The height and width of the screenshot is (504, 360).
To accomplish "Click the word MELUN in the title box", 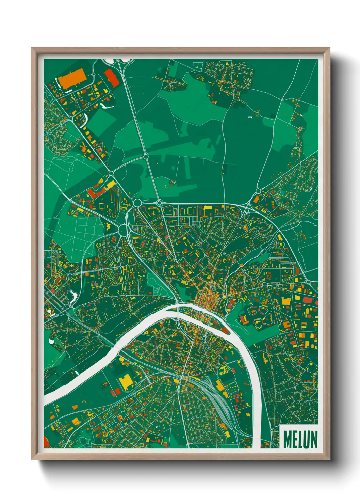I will tap(300, 439).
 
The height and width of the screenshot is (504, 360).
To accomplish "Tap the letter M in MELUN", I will tap(287, 439).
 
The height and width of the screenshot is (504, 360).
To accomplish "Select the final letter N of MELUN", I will tap(313, 439).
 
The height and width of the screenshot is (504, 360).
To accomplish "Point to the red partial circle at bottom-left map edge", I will tap(46, 443).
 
